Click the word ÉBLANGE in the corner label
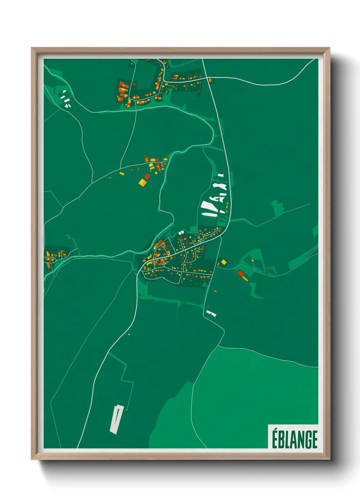point(294,439)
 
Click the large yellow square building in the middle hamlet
point(143,183)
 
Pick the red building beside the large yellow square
point(147,176)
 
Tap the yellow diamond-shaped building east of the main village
point(224,262)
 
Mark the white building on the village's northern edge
point(181,233)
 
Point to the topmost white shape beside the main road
point(221,175)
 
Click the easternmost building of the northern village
point(211,80)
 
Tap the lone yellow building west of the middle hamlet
point(122,174)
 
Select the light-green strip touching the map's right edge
point(315,230)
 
